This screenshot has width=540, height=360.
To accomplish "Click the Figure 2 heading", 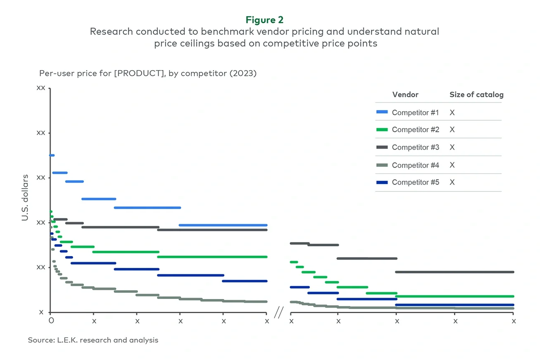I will click(264, 20).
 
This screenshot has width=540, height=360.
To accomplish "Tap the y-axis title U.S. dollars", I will click(25, 197).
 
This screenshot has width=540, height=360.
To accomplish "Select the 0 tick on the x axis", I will click(51, 321).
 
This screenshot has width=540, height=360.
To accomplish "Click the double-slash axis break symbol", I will click(278, 313).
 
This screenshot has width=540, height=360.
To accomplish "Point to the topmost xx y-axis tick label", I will click(41, 88).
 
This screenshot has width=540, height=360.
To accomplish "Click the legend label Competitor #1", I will click(415, 113).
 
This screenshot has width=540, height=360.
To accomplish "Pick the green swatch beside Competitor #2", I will click(381, 130).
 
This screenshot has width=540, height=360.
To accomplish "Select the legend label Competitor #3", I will click(415, 147).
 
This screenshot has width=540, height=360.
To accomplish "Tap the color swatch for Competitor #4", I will click(381, 165).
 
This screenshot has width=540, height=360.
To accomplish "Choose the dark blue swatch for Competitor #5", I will click(381, 182).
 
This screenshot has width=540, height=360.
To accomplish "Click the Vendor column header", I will click(405, 95).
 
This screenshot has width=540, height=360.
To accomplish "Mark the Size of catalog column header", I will click(476, 95).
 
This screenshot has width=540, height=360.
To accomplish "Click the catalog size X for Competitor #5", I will click(452, 182).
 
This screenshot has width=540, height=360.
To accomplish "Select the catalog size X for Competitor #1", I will click(452, 113).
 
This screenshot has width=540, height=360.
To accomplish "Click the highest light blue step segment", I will click(52, 155).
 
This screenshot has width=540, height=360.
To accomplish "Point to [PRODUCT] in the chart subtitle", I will click(136, 73).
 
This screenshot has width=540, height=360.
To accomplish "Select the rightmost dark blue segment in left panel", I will click(244, 281).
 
